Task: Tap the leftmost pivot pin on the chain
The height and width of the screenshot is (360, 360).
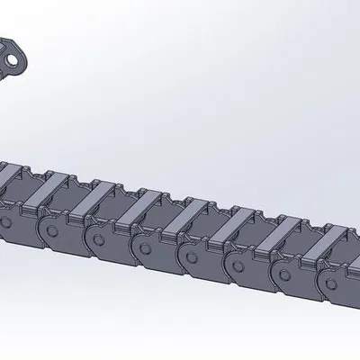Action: click(x=6, y=219)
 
